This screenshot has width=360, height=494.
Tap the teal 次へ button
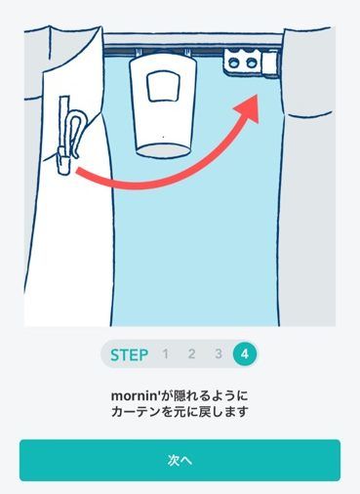pyautogui.click(x=180, y=460)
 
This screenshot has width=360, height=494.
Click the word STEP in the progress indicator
pyautogui.click(x=128, y=354)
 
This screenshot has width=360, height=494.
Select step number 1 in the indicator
pyautogui.click(x=165, y=354)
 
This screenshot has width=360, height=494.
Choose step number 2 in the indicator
pyautogui.click(x=192, y=354)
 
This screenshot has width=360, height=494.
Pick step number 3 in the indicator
pyautogui.click(x=219, y=354)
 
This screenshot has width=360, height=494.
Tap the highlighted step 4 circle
pyautogui.click(x=245, y=354)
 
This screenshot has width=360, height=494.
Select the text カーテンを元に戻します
pyautogui.click(x=180, y=412)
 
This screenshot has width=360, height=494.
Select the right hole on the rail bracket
pyautogui.click(x=252, y=62)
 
